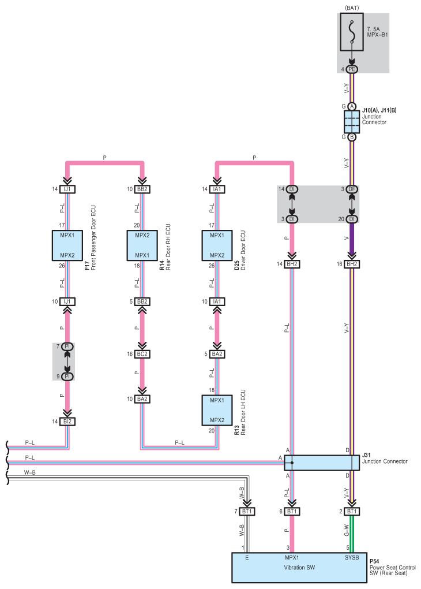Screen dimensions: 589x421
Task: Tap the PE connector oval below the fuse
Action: [x=352, y=69]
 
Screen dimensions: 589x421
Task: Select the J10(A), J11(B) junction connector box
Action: [x=352, y=122]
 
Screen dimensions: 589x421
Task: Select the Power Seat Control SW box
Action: [x=299, y=568]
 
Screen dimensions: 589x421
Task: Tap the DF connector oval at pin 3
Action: [x=352, y=189]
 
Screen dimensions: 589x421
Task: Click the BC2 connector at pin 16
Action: [x=143, y=354]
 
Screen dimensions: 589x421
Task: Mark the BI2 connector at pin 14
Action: [x=68, y=422]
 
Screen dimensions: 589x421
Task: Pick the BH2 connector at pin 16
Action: [x=352, y=264]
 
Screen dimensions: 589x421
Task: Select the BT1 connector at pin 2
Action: [x=352, y=512]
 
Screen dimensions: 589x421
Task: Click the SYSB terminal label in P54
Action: [x=352, y=558]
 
